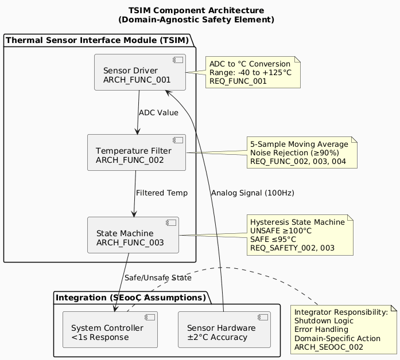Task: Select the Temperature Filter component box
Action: tap(137, 152)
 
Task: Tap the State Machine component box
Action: tap(133, 234)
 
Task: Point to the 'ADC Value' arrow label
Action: tap(158, 112)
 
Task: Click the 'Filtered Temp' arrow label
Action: tap(161, 193)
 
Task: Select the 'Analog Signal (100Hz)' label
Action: tap(253, 193)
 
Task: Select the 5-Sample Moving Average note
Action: tap(302, 152)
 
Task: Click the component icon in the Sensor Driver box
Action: tap(178, 60)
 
